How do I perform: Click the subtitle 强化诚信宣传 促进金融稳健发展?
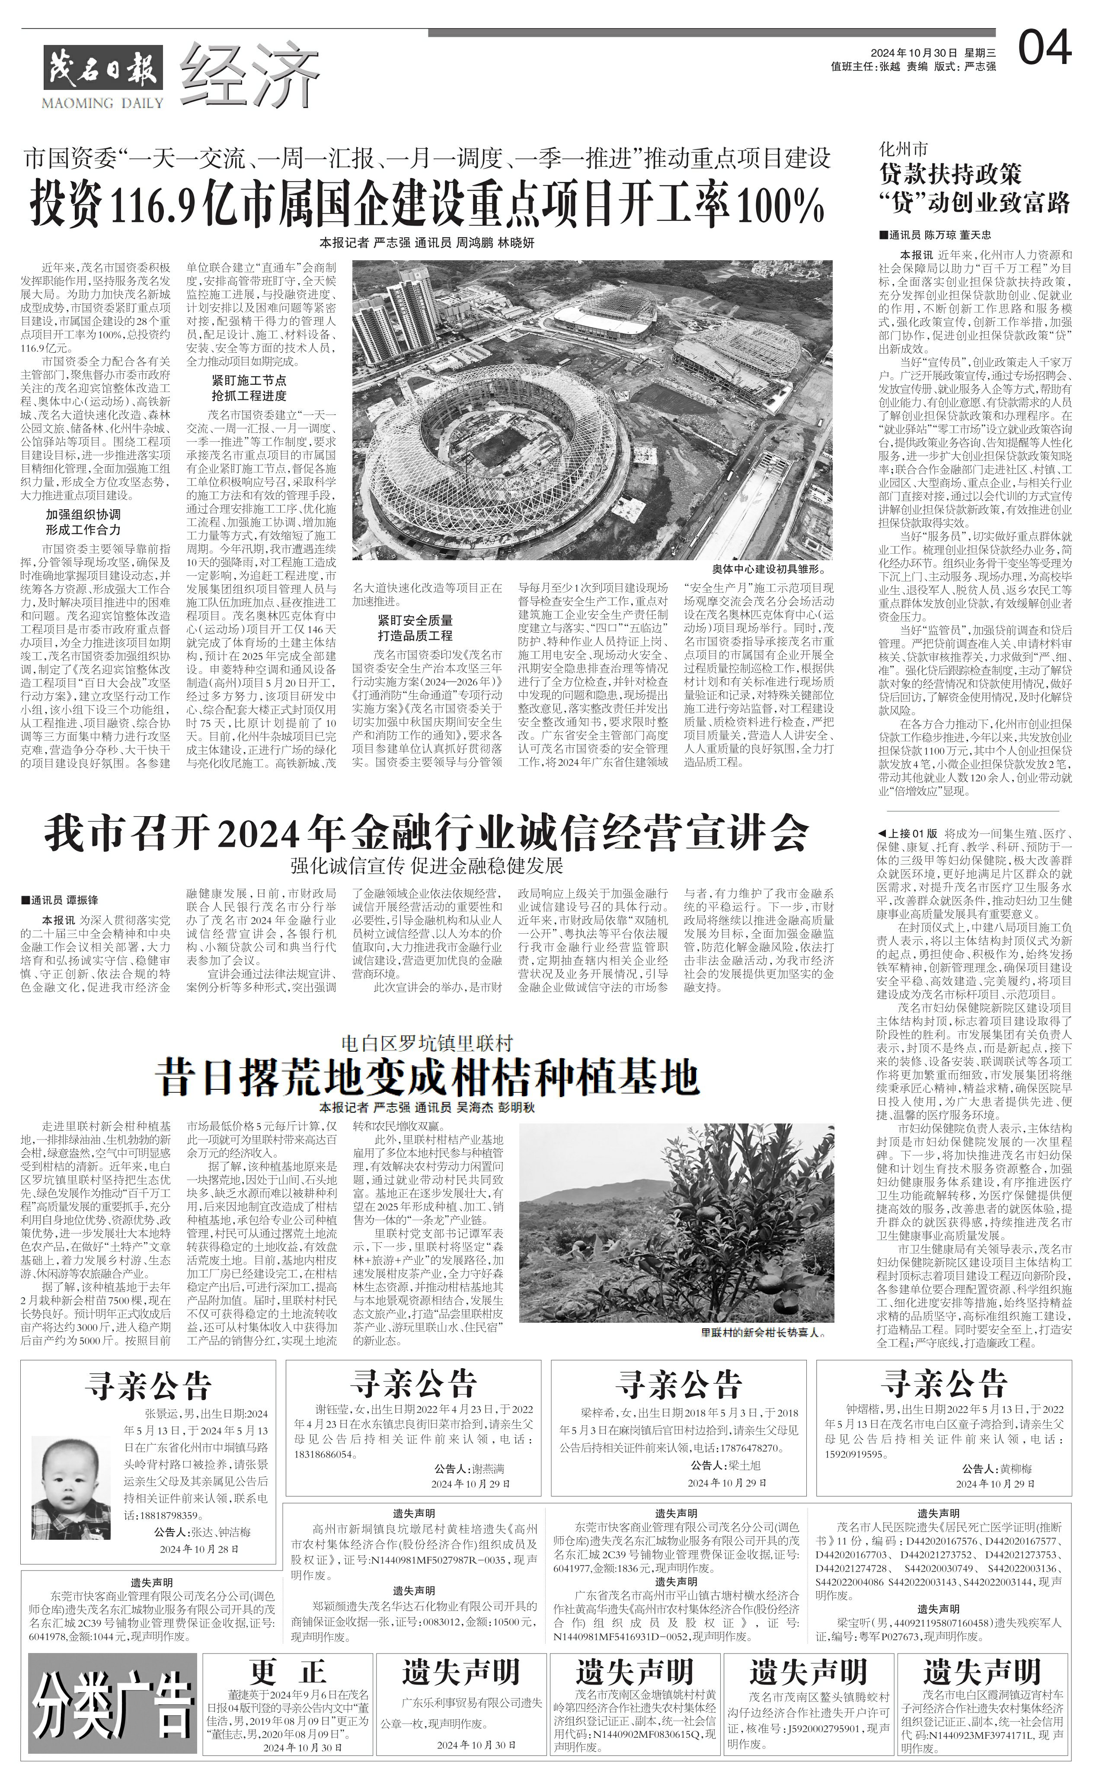pyautogui.click(x=427, y=866)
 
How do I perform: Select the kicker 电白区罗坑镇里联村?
pyautogui.click(x=427, y=1044)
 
